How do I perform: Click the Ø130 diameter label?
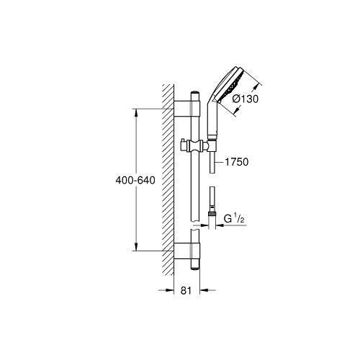coord(246,99)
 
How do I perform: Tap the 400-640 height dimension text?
coord(135,180)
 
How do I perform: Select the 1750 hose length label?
coord(236,162)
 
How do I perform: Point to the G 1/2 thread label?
coord(234,219)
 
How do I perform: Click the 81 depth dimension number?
coord(186,290)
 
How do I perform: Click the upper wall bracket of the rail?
coord(186,109)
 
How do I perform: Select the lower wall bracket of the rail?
coord(186,251)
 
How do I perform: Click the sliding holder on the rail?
coord(194,146)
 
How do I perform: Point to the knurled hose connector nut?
coord(212,213)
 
